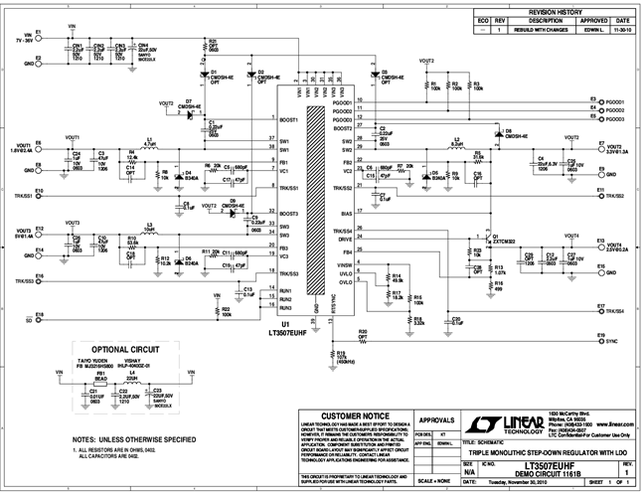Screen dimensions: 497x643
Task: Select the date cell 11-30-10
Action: (621, 31)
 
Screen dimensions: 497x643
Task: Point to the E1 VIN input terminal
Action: (38, 33)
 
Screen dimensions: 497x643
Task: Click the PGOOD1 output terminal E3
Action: (592, 100)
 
